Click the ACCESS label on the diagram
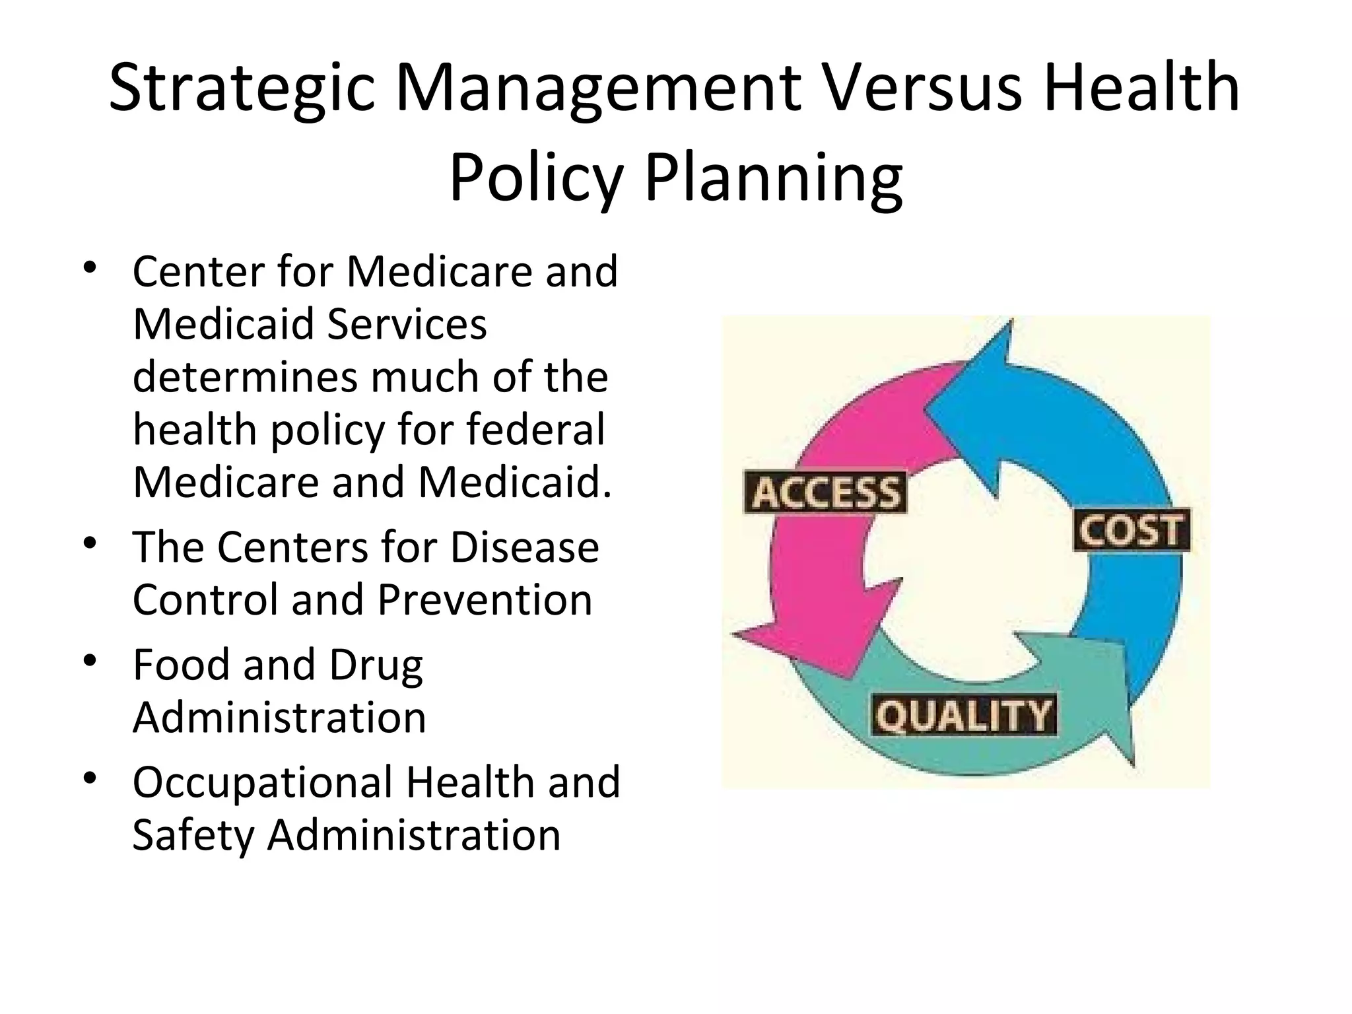point(825,492)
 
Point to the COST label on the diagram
point(1132,530)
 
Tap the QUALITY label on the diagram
point(963,715)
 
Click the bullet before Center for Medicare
point(90,271)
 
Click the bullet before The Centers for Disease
point(90,545)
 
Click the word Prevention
point(485,599)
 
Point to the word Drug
point(376,665)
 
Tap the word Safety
point(193,836)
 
